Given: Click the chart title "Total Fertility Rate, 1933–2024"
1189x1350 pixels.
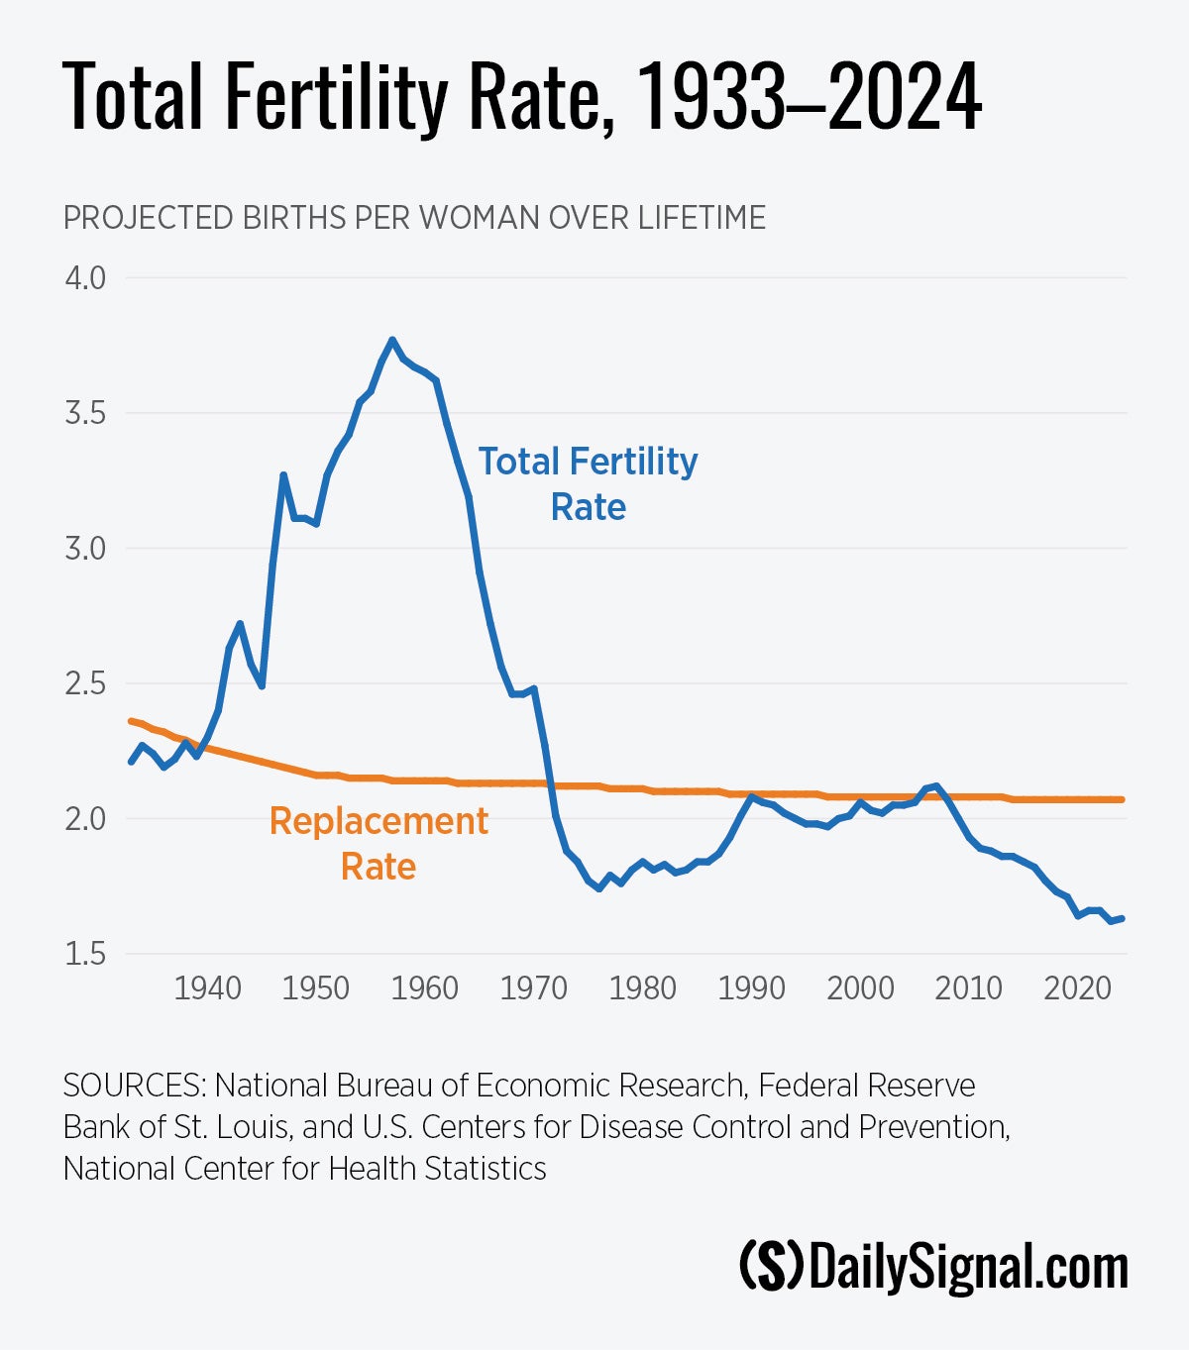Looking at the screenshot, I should click(x=522, y=97).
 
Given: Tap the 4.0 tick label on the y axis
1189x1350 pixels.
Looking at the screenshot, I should click(x=85, y=277).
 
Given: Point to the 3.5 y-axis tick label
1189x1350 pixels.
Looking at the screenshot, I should click(x=85, y=413).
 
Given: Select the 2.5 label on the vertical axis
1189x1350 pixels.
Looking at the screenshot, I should click(x=85, y=683).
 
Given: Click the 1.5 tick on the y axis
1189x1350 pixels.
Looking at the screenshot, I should click(x=85, y=954).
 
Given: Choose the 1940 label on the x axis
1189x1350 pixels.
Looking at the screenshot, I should click(x=207, y=988).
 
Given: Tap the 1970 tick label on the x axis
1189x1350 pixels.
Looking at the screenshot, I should click(x=533, y=988).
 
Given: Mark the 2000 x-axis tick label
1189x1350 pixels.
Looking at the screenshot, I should click(x=860, y=988).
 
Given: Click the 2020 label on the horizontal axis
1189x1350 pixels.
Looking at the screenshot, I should click(x=1077, y=988).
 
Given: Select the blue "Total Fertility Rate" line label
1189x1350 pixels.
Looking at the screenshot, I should click(x=588, y=484).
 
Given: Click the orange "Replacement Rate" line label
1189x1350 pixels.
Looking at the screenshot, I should click(x=378, y=844).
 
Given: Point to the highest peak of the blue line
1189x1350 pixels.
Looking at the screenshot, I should click(x=392, y=340).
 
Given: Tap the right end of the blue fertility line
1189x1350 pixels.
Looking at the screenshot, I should click(x=1122, y=918).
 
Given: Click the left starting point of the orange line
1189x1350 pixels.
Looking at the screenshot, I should click(x=131, y=721).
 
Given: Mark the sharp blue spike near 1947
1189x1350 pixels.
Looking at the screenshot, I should click(x=283, y=475).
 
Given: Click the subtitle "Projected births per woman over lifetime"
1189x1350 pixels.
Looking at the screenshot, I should click(x=414, y=218).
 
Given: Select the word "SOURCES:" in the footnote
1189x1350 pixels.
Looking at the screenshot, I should click(x=135, y=1086).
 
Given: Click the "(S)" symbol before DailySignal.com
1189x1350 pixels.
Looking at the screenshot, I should click(x=772, y=1268).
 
